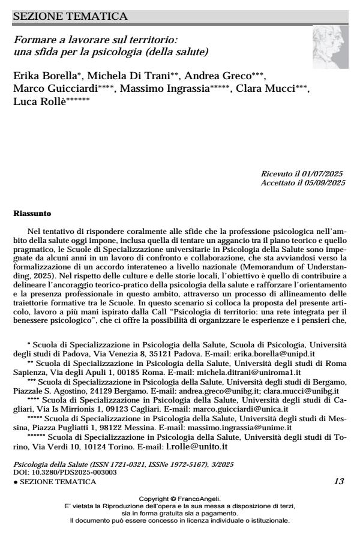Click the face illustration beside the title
pos(329,47)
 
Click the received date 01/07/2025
pos(325,173)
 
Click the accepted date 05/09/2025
pos(325,182)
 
